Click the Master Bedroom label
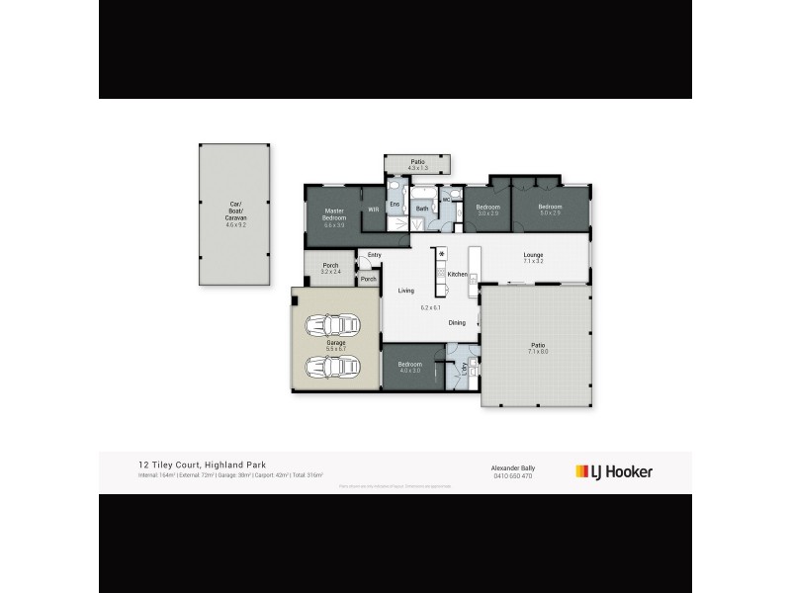[x=334, y=212]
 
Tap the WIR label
[x=374, y=210]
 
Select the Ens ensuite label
[x=394, y=204]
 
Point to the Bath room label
[x=422, y=209]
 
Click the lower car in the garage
[x=333, y=367]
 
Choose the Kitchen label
[x=457, y=274]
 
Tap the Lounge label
[x=534, y=255]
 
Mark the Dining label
[x=457, y=323]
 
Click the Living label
[x=405, y=291]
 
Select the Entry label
[x=374, y=255]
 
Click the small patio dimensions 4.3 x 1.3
[x=418, y=168]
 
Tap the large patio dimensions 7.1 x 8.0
[x=537, y=351]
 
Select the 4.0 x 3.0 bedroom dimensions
[x=409, y=371]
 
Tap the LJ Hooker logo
[x=614, y=471]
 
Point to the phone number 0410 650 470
[x=512, y=476]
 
